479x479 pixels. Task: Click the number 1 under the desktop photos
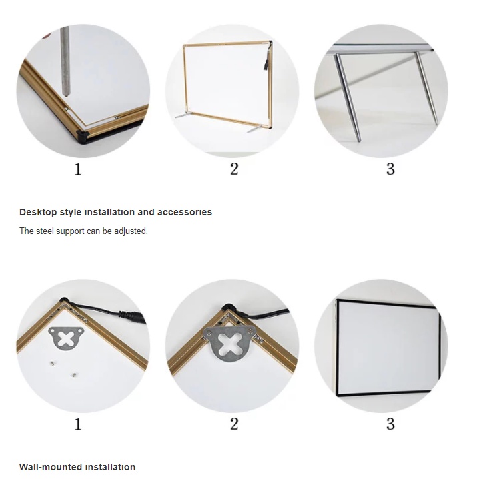pyautogui.click(x=78, y=169)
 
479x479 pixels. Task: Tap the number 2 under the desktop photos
pyautogui.click(x=234, y=169)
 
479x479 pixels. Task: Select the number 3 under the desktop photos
pyautogui.click(x=390, y=169)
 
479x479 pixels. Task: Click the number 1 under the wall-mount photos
pyautogui.click(x=78, y=424)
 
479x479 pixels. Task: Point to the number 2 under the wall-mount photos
pyautogui.click(x=234, y=424)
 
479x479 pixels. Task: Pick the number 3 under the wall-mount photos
pyautogui.click(x=390, y=424)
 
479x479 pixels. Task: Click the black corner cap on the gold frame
pyautogui.click(x=83, y=136)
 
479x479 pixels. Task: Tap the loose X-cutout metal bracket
pyautogui.click(x=65, y=338)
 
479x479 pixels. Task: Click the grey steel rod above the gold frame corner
pyautogui.click(x=65, y=61)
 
